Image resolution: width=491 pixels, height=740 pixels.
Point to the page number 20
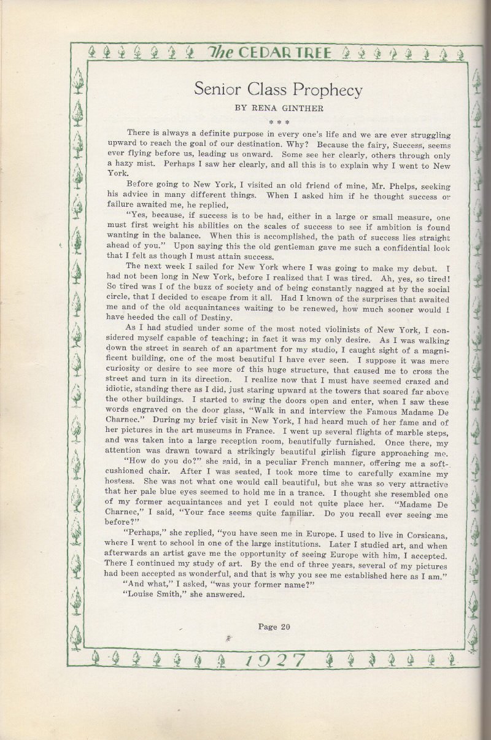pos(283,626)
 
